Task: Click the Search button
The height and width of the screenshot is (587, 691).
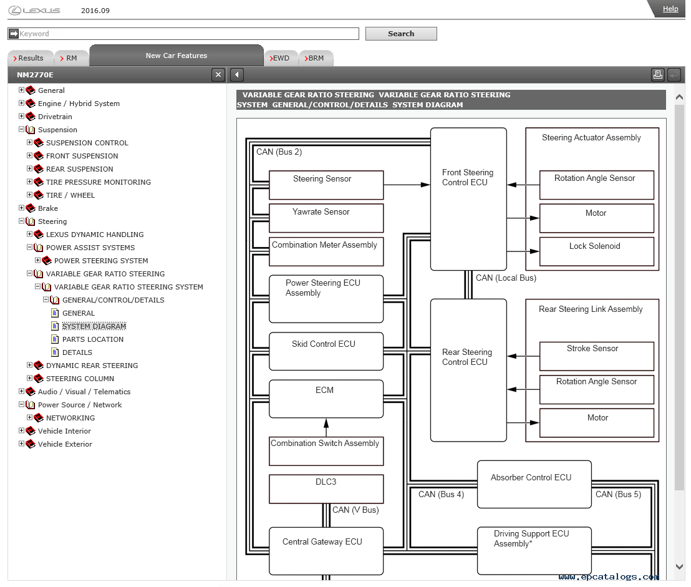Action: [x=401, y=34]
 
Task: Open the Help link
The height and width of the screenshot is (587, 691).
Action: [x=670, y=9]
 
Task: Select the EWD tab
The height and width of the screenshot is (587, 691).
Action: [x=280, y=58]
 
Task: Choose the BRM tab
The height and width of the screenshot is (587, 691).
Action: [x=315, y=58]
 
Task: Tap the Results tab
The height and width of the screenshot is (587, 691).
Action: [x=29, y=58]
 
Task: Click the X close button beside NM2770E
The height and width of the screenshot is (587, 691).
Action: [x=218, y=75]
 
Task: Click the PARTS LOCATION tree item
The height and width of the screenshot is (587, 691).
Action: [x=92, y=339]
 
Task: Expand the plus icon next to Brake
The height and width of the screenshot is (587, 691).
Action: [x=21, y=208]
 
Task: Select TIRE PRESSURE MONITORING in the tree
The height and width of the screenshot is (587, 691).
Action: [x=99, y=182]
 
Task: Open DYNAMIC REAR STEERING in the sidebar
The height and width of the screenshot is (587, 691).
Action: [x=92, y=366]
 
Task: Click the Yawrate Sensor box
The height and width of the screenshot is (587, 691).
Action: [x=326, y=218]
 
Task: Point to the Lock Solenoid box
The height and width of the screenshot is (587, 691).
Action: [x=597, y=251]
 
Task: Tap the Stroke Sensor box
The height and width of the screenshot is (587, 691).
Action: [x=597, y=356]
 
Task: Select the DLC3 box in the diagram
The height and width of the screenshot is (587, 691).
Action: [x=326, y=488]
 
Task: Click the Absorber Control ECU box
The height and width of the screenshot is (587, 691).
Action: [x=534, y=484]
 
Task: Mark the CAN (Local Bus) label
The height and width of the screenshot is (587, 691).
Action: [x=506, y=278]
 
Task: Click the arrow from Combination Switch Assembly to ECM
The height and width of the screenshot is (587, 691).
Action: [x=326, y=427]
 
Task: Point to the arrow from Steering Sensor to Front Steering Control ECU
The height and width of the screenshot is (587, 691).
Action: [x=407, y=185]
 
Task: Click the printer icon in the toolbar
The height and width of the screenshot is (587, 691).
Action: [x=657, y=75]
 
